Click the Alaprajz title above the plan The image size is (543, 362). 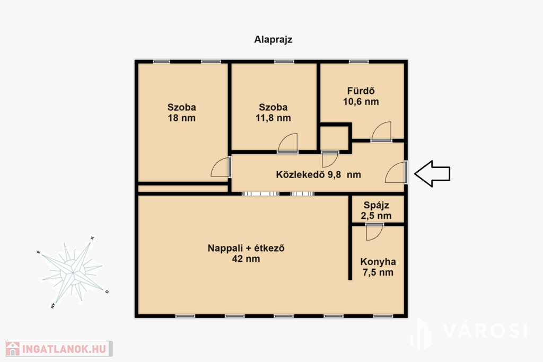click(273, 40)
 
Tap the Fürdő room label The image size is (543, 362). click(361, 91)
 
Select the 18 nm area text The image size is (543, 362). click(181, 118)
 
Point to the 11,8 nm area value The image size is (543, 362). click(273, 118)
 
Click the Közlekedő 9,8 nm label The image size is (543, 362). click(318, 174)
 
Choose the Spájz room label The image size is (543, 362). click(376, 205)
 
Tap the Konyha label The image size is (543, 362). click(378, 262)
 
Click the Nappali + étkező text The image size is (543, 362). click(246, 248)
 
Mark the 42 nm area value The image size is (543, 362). click(246, 259)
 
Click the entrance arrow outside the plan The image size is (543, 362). click(432, 174)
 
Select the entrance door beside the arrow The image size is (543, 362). click(396, 172)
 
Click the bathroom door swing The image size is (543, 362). click(381, 131)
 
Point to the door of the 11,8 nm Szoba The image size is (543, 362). click(287, 143)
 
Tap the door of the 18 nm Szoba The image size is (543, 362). click(221, 167)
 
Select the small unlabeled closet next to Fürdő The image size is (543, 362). click(334, 138)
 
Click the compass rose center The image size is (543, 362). click(73, 272)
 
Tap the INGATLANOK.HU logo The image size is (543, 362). click(58, 349)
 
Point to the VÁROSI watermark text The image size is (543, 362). click(485, 331)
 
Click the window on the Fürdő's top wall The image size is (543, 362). click(359, 61)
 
